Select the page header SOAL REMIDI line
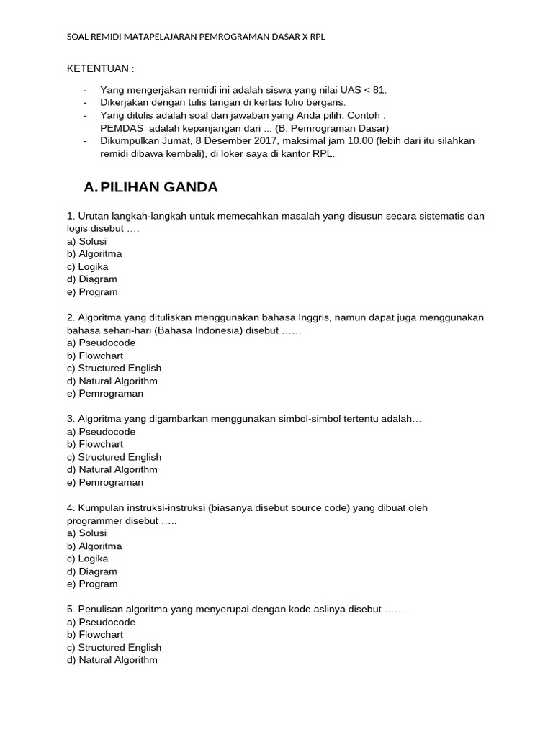196,36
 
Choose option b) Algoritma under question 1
94,254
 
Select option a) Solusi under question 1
86,241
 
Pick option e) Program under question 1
92,292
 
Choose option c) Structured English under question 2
114,368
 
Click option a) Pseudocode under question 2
101,343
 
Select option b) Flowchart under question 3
95,444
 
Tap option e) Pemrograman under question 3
105,482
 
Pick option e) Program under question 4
92,584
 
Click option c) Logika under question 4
87,559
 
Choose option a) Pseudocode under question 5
101,622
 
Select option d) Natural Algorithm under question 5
112,660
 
